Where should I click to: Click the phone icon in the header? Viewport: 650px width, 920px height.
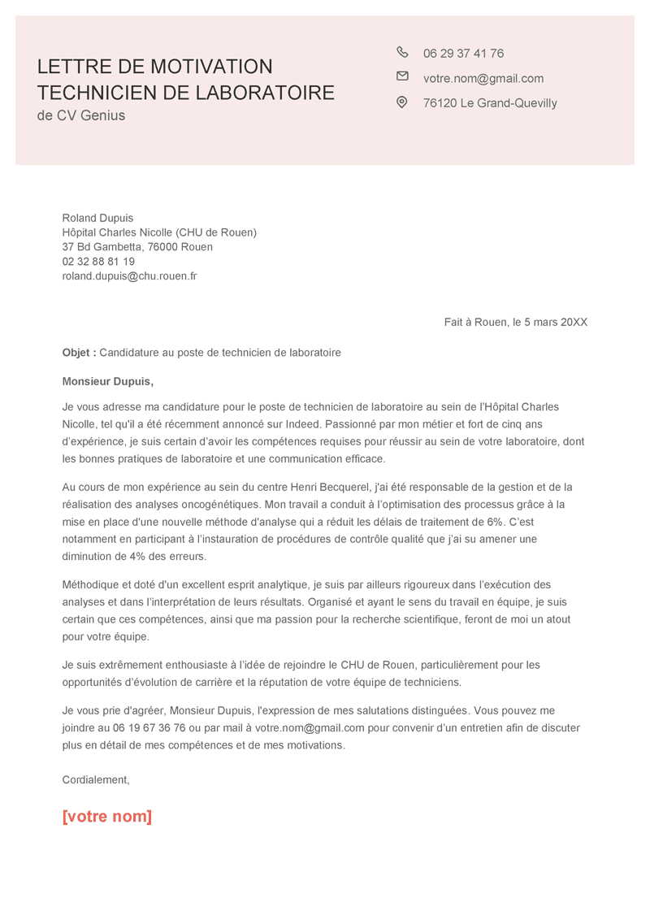(x=402, y=52)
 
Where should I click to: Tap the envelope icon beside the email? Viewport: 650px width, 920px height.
(x=402, y=76)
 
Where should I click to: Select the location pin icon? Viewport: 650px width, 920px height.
(x=401, y=102)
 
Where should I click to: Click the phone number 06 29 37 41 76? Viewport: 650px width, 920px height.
(x=463, y=54)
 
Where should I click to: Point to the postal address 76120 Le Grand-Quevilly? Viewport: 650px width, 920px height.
(x=490, y=103)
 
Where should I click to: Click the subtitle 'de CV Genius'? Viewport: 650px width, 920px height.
(x=81, y=115)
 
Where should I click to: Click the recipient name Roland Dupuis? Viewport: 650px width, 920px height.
(x=97, y=218)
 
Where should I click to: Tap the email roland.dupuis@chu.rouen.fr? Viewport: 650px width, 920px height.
(x=129, y=276)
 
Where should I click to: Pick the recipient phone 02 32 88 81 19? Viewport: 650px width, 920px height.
(x=98, y=262)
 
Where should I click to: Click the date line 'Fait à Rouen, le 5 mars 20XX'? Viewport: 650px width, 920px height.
(x=515, y=323)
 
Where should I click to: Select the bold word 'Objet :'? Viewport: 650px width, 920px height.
(x=79, y=353)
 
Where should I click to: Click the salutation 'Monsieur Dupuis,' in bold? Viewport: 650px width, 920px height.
(x=107, y=381)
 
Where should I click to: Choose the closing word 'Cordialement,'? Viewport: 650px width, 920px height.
(x=96, y=780)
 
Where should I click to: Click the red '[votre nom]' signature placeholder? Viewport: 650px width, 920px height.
(x=107, y=817)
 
